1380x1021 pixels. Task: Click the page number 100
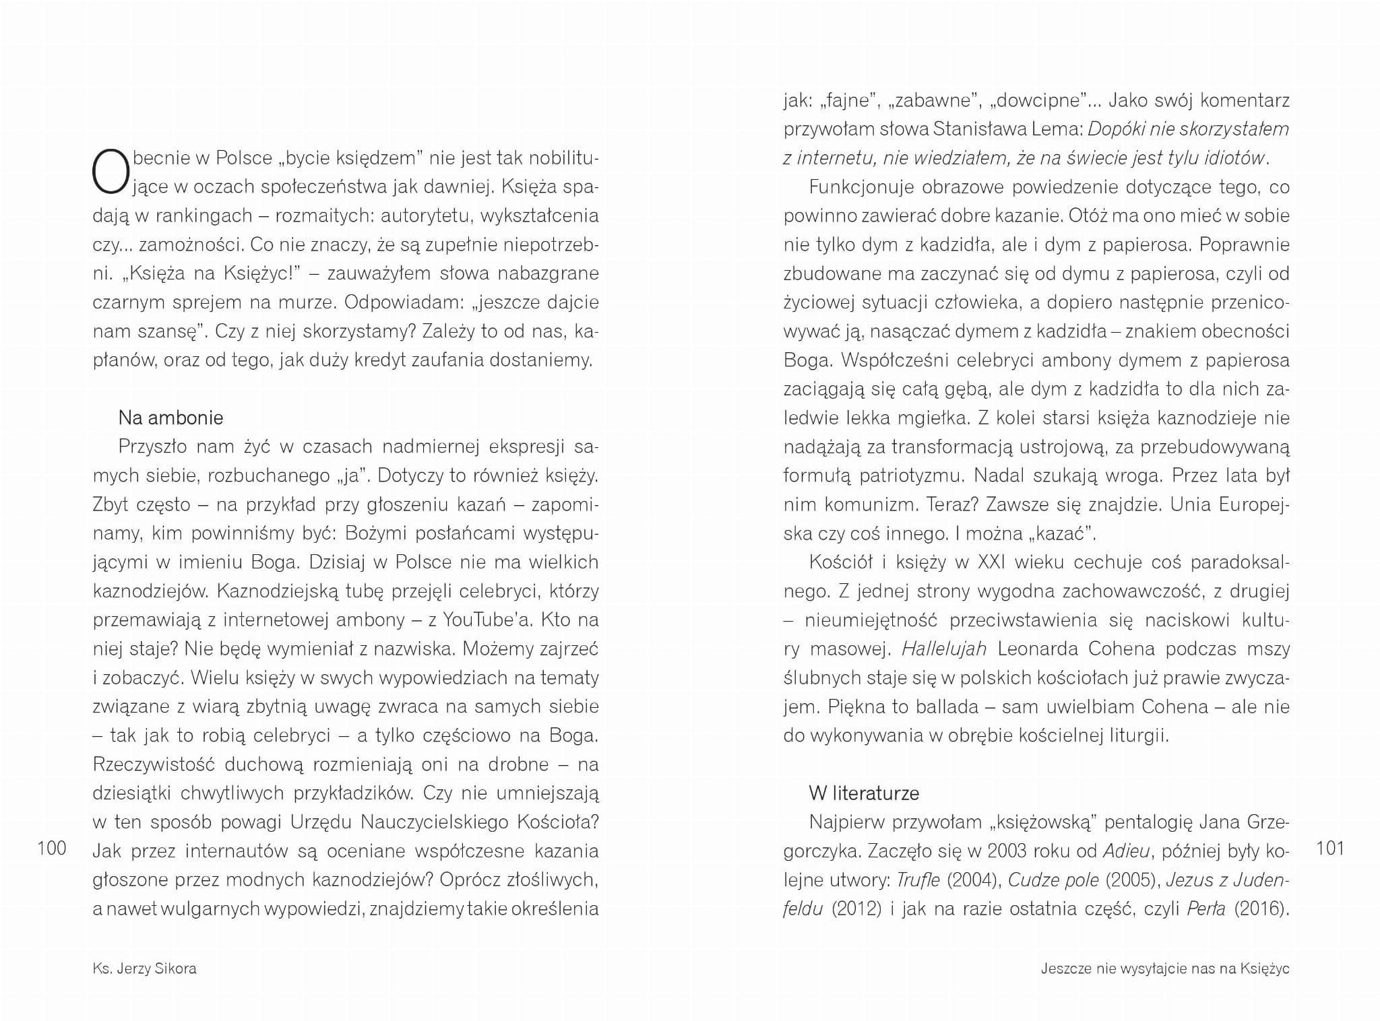click(52, 847)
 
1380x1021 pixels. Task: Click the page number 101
click(1329, 847)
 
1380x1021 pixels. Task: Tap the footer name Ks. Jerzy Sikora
click(144, 968)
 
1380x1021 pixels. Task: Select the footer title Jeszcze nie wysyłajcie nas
click(1164, 968)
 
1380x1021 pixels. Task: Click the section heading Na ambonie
click(170, 418)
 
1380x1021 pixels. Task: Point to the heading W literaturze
click(864, 793)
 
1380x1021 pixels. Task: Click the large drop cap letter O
click(110, 170)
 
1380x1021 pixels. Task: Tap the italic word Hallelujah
click(943, 649)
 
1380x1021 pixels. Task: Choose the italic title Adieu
click(1125, 851)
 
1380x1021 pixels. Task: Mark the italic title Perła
click(1206, 909)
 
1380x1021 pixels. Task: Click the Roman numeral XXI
click(991, 562)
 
